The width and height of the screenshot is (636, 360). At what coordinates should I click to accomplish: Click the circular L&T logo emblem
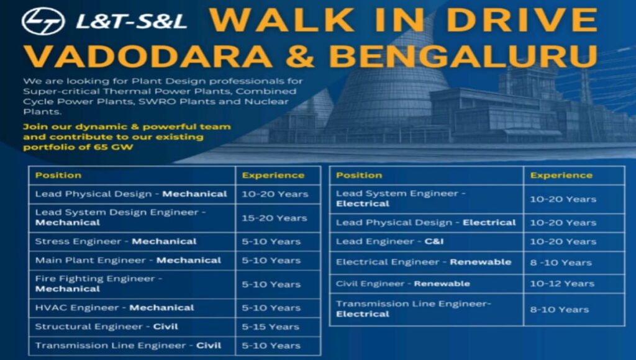(x=43, y=21)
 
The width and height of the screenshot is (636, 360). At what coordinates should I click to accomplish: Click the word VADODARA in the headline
(x=148, y=56)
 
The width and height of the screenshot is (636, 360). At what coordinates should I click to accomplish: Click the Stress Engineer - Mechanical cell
(x=131, y=241)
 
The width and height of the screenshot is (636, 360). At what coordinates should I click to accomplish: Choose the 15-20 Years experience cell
(x=278, y=218)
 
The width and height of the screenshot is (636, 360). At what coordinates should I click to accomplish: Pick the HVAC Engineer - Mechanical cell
(x=131, y=308)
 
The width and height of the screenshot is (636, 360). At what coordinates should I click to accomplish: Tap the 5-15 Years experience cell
(x=278, y=326)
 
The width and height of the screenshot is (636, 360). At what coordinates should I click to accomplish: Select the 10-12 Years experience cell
(x=564, y=284)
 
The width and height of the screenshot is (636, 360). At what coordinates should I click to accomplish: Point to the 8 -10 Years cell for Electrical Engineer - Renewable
(x=564, y=263)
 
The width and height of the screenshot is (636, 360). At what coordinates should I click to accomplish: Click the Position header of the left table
(x=131, y=175)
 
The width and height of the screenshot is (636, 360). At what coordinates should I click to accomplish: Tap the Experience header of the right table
(x=564, y=175)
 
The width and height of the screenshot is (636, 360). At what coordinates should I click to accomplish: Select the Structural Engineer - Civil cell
(x=131, y=326)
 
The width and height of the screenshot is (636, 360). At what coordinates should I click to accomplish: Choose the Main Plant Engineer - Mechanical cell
(x=131, y=260)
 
